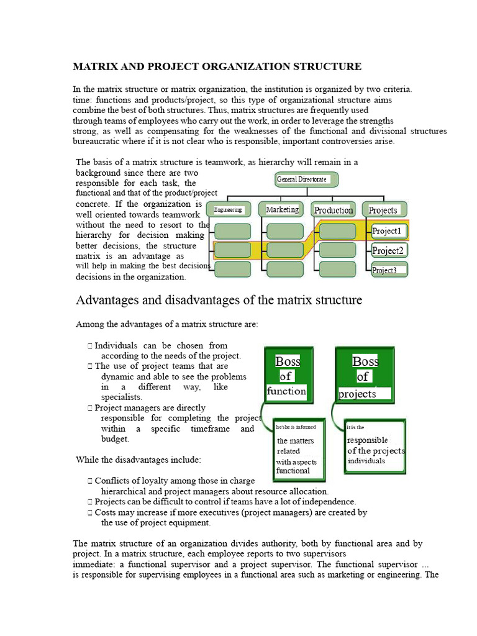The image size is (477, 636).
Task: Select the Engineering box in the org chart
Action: point(228,210)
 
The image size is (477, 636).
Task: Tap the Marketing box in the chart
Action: point(282,210)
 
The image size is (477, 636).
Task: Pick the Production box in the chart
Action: point(334,210)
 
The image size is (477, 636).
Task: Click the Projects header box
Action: point(385,210)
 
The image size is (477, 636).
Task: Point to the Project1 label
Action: point(388,231)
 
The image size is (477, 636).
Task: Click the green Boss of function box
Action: point(288,376)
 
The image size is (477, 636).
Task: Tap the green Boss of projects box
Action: point(364,376)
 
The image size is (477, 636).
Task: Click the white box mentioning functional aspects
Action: point(299,449)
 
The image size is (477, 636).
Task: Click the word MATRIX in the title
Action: point(93,66)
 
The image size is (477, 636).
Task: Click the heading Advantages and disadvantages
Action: point(219,301)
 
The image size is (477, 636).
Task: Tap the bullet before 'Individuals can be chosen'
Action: point(90,345)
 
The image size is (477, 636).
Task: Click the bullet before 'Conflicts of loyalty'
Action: point(90,481)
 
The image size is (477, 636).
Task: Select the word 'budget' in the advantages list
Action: point(115,439)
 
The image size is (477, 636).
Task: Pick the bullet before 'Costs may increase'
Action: point(90,513)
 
